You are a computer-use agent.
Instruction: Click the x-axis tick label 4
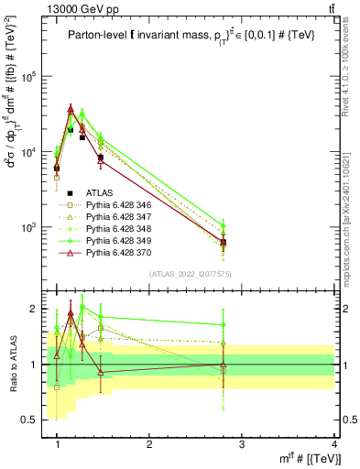pyautogui.click(x=333, y=444)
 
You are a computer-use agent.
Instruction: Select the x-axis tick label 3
pyautogui.click(x=242, y=444)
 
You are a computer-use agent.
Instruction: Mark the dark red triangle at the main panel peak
pyautogui.click(x=71, y=109)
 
